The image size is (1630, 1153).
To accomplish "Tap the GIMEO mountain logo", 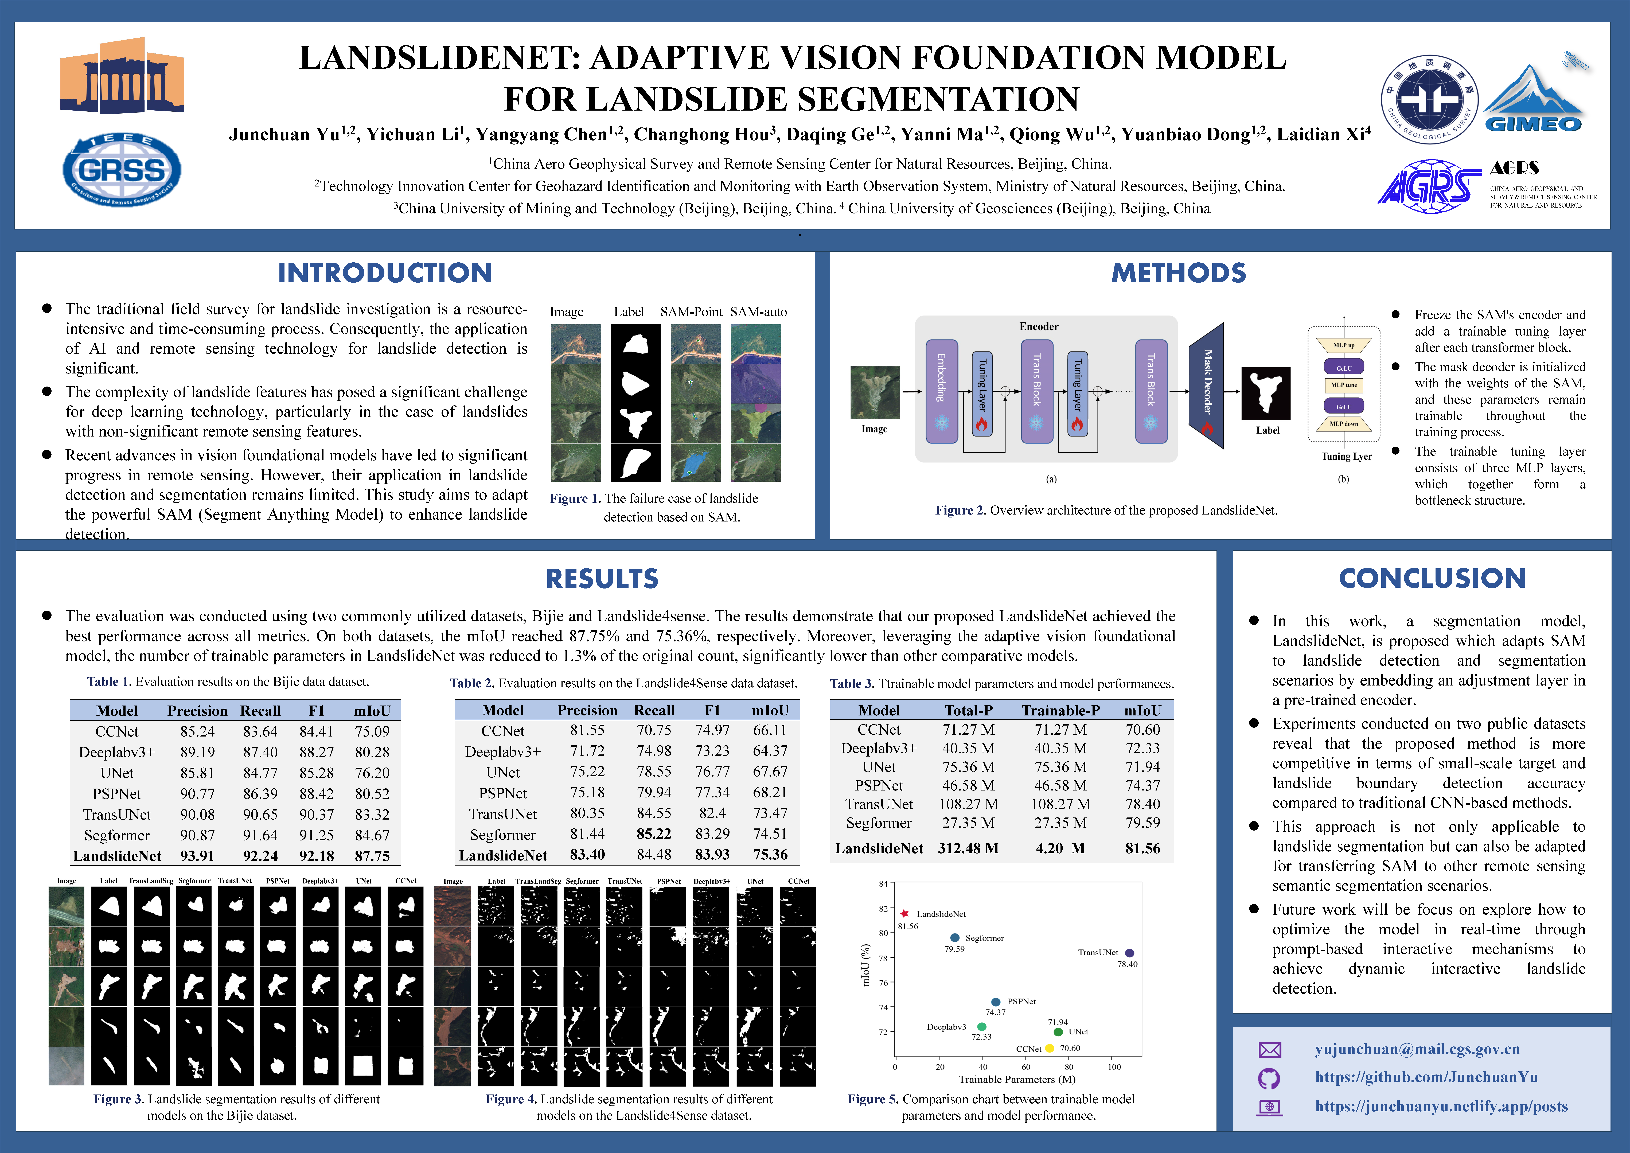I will pyautogui.click(x=1533, y=99).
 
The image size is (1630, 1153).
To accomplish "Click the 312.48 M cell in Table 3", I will pyautogui.click(x=968, y=848).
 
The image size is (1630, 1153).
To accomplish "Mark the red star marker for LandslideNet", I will pyautogui.click(x=904, y=914).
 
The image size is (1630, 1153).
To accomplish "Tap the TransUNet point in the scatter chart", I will pyautogui.click(x=1129, y=953).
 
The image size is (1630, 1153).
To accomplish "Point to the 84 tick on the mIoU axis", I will pyautogui.click(x=883, y=884).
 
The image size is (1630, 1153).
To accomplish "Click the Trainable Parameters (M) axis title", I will pyautogui.click(x=1017, y=1079).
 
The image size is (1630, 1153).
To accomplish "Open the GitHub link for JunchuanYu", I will pyautogui.click(x=1426, y=1077).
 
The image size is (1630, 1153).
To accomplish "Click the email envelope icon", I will pyautogui.click(x=1269, y=1049).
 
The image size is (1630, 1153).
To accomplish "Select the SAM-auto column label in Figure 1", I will pyautogui.click(x=758, y=312).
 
